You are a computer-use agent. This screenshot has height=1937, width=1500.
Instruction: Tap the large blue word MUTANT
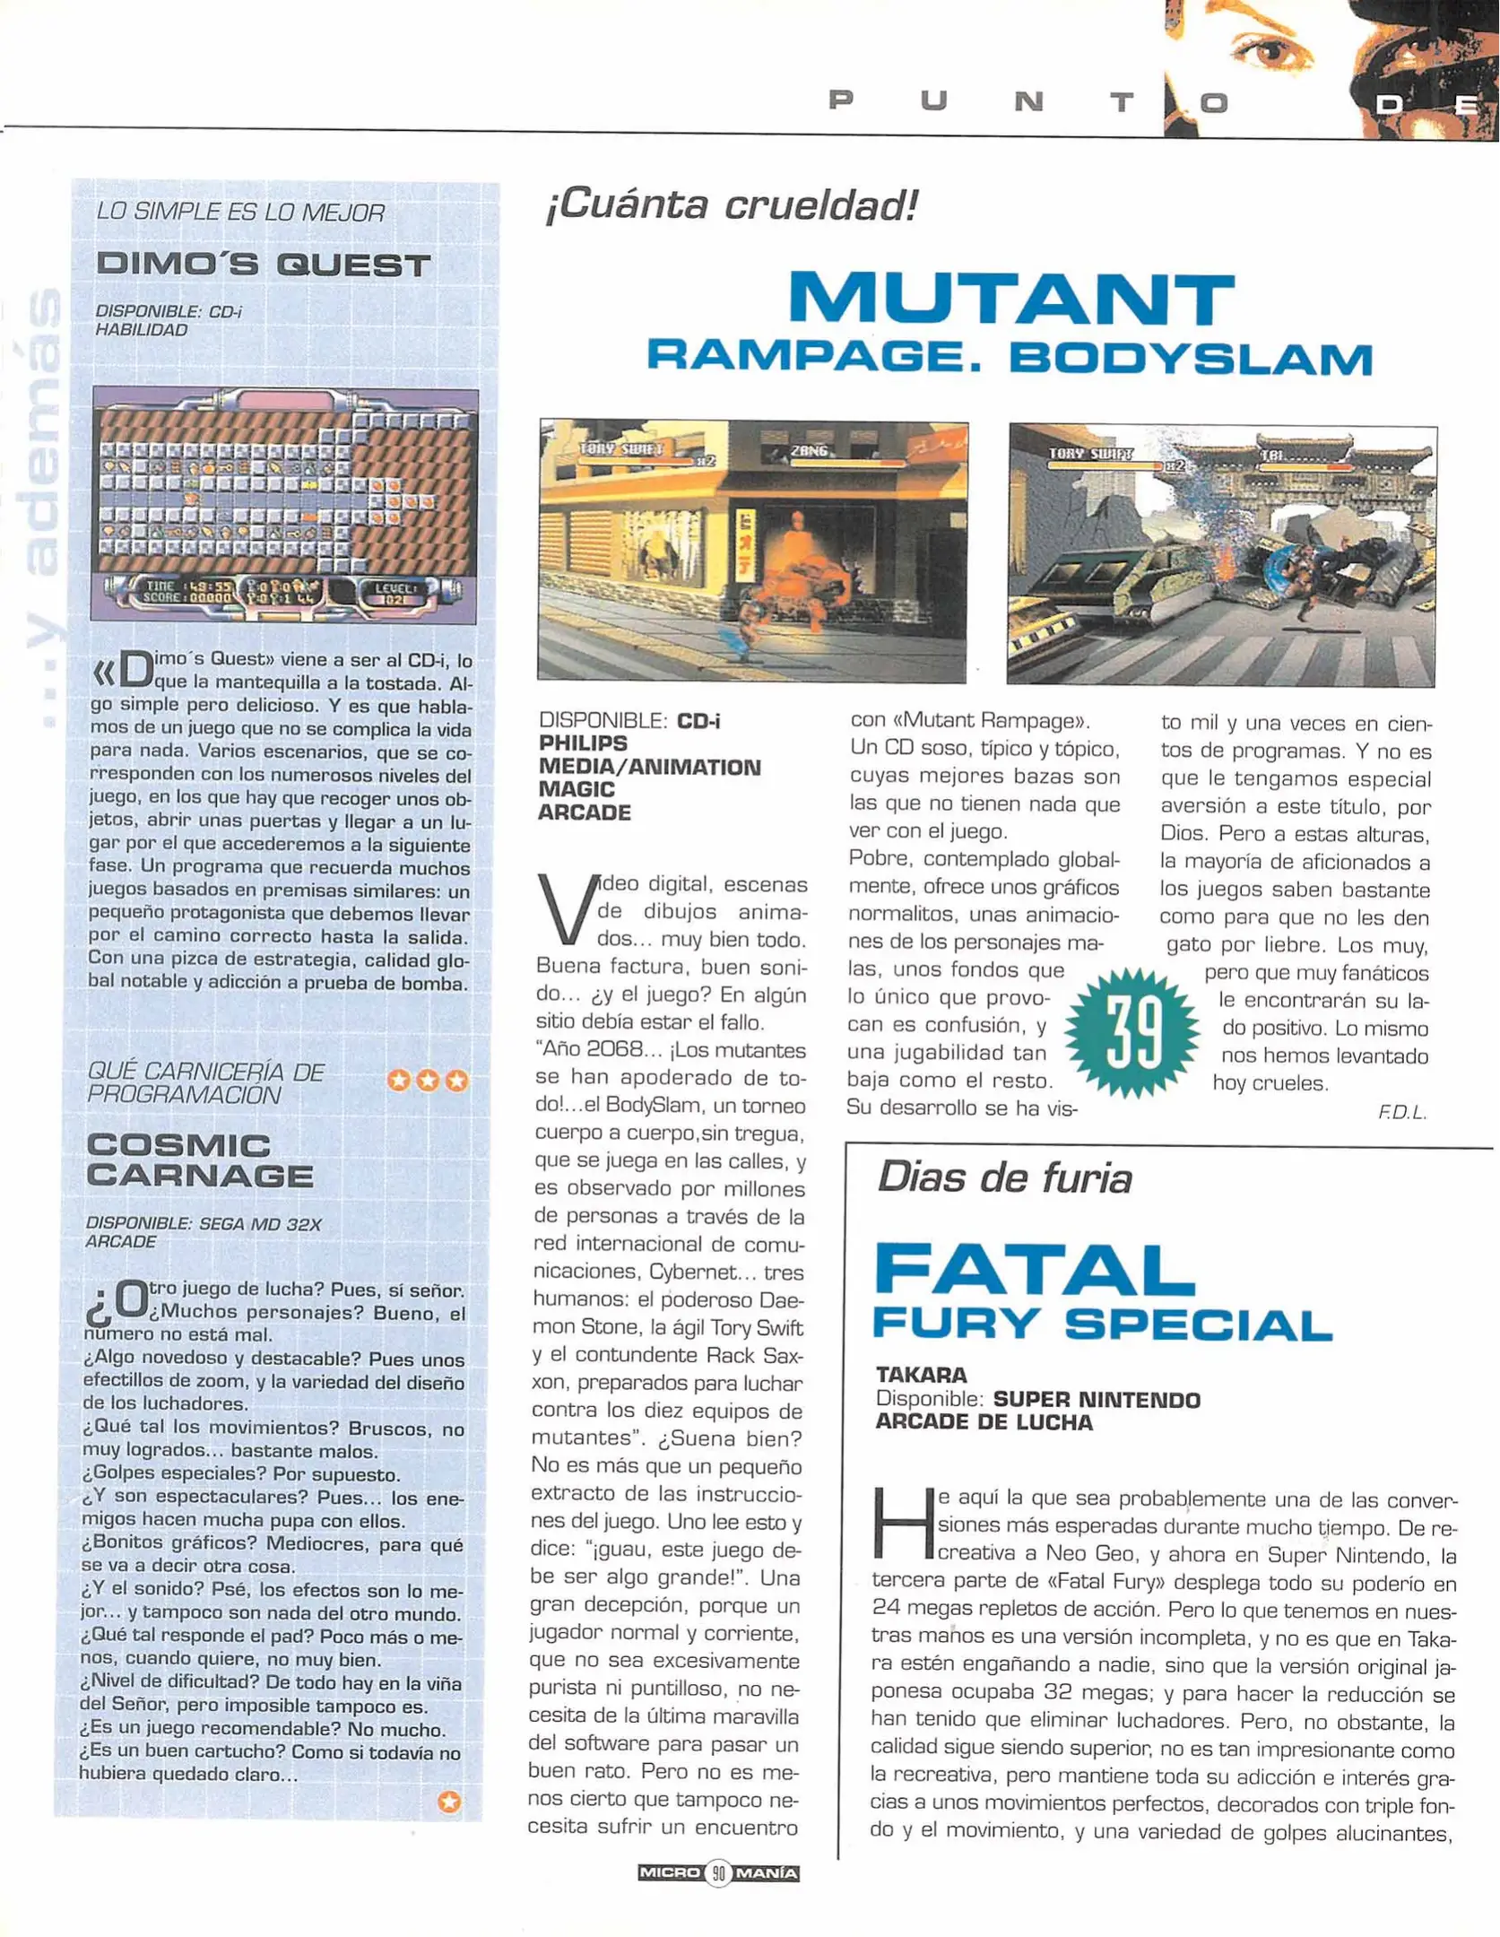1010,299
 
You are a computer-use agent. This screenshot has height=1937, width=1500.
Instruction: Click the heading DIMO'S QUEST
264,265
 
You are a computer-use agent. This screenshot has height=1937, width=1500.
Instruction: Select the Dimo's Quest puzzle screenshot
285,505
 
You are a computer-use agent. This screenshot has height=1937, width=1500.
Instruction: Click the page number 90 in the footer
718,1872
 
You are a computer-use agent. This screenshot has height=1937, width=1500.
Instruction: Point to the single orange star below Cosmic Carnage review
449,1801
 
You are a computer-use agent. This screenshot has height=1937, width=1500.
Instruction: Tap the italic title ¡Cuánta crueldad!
732,205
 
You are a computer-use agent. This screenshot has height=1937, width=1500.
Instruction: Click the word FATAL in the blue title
1034,1270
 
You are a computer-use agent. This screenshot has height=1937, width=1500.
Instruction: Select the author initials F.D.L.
1401,1113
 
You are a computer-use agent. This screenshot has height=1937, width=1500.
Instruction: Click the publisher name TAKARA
921,1375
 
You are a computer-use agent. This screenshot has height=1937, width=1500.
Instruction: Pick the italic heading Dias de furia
1004,1177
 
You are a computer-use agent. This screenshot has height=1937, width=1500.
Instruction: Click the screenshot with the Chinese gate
1221,555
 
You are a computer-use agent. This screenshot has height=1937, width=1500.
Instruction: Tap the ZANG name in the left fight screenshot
809,451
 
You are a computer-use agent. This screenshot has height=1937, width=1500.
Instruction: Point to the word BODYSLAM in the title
1191,359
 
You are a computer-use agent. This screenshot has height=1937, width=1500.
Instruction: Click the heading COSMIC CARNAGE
200,1160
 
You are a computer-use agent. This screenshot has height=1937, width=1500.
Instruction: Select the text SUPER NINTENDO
1097,1399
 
